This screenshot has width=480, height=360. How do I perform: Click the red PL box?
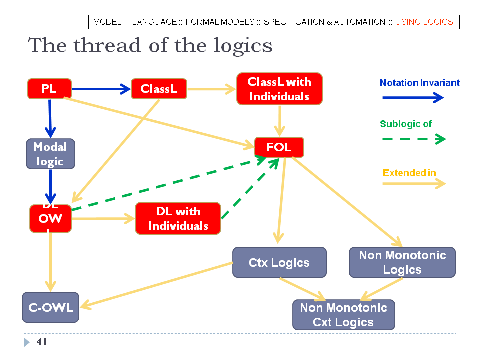pos(49,89)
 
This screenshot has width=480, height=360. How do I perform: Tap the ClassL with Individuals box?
pos(279,89)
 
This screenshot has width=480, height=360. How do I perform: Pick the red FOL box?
pos(279,147)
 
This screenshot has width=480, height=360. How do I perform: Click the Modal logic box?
pos(50,154)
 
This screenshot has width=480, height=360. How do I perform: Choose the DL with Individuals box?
pos(178,218)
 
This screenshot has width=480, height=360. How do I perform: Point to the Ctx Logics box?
pos(279,262)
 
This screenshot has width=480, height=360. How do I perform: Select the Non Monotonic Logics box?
pos(402,262)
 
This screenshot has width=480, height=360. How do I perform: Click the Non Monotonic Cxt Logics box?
pos(343,315)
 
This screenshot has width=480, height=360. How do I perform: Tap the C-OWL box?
pos(50,307)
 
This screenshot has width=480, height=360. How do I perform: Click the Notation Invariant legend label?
pos(419,83)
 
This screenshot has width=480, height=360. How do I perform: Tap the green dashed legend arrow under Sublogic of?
pos(413,139)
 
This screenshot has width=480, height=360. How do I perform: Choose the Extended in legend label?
pos(409,173)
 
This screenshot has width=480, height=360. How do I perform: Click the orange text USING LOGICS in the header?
pos(424,22)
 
